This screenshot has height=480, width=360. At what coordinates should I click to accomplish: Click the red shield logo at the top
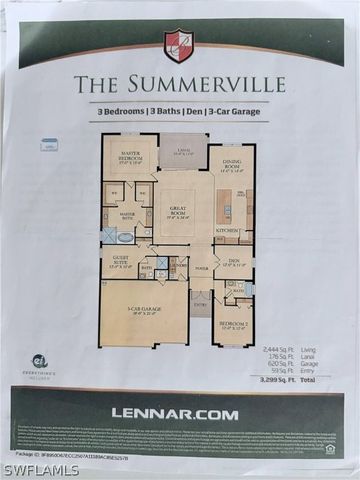(178, 44)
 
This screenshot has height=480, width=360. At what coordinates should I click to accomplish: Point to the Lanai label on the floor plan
(183, 151)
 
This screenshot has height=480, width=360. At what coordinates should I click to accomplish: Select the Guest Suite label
(119, 263)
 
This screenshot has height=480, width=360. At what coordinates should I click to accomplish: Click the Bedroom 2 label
(232, 325)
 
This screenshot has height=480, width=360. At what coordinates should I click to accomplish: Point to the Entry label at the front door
(200, 305)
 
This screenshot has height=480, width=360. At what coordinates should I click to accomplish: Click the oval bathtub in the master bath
(125, 237)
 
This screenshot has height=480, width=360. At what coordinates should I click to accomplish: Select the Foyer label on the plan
(200, 268)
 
